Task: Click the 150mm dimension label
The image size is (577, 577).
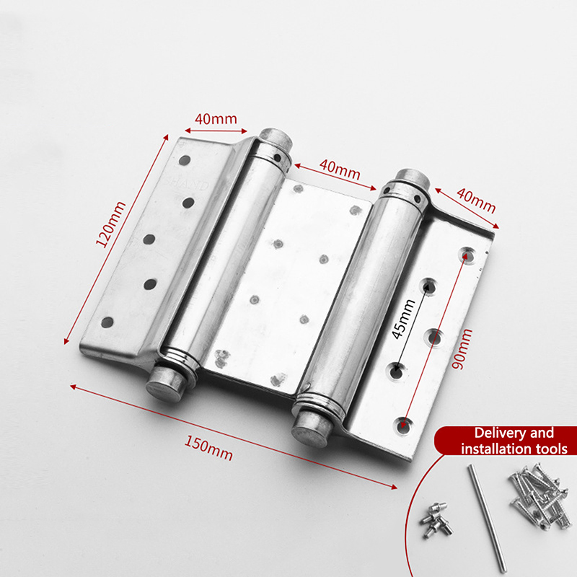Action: click(x=208, y=448)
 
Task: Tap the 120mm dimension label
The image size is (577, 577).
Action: click(x=110, y=224)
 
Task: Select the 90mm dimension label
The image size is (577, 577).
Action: click(x=462, y=349)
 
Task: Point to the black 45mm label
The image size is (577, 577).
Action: click(x=403, y=319)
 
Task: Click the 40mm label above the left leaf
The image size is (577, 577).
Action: click(x=216, y=119)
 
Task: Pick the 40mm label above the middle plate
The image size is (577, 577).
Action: click(x=340, y=169)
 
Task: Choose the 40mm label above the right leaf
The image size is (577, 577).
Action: click(x=476, y=201)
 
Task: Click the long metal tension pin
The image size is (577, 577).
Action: click(x=487, y=518)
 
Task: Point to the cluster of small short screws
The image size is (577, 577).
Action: click(x=436, y=519)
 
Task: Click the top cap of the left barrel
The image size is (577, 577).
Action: click(x=276, y=138)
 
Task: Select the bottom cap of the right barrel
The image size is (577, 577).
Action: click(x=311, y=428)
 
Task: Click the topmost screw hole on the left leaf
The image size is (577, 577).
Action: click(x=185, y=160)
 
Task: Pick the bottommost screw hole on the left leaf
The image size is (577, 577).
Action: click(x=107, y=322)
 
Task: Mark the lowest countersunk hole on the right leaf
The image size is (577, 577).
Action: click(x=404, y=426)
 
